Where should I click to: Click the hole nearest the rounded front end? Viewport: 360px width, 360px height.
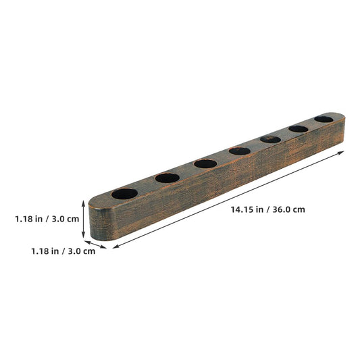coord(124,194)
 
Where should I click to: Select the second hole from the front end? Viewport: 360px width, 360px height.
coord(168,178)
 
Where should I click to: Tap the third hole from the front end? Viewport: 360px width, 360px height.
coord(205,163)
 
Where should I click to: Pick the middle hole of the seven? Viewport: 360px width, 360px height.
coord(240,151)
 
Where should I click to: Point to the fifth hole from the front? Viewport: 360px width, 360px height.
coord(270,139)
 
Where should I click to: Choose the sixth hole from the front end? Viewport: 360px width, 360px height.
coord(299,129)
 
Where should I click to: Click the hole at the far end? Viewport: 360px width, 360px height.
coord(324,119)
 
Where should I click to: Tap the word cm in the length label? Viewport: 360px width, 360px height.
coord(299,210)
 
